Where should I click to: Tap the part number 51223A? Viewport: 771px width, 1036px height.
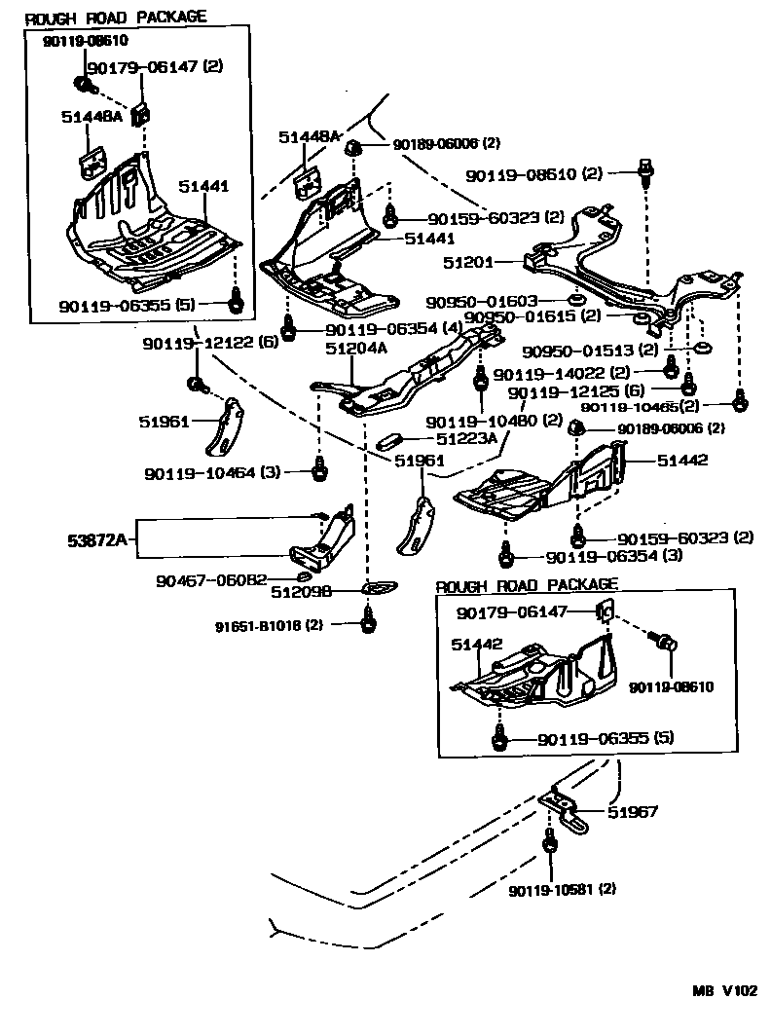(x=465, y=438)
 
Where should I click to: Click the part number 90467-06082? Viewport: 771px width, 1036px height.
(x=211, y=581)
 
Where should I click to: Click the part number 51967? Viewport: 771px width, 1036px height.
(x=633, y=810)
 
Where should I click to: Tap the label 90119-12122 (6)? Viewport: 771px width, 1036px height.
(x=209, y=344)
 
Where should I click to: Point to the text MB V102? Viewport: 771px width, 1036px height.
(x=723, y=991)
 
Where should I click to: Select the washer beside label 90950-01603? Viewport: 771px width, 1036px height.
(x=575, y=299)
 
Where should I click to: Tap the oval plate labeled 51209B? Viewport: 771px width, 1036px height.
(x=373, y=588)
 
